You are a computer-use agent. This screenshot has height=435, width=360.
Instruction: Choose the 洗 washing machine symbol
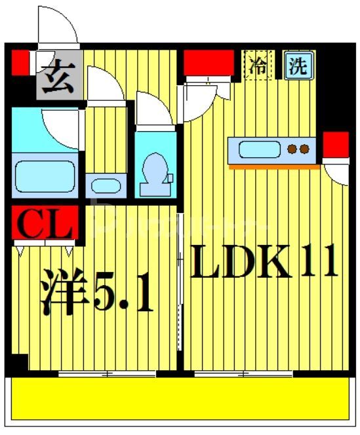click(x=298, y=66)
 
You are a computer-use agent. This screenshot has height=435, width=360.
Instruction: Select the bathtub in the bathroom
click(x=45, y=172)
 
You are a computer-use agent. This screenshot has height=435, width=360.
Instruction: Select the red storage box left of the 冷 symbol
click(x=209, y=62)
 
